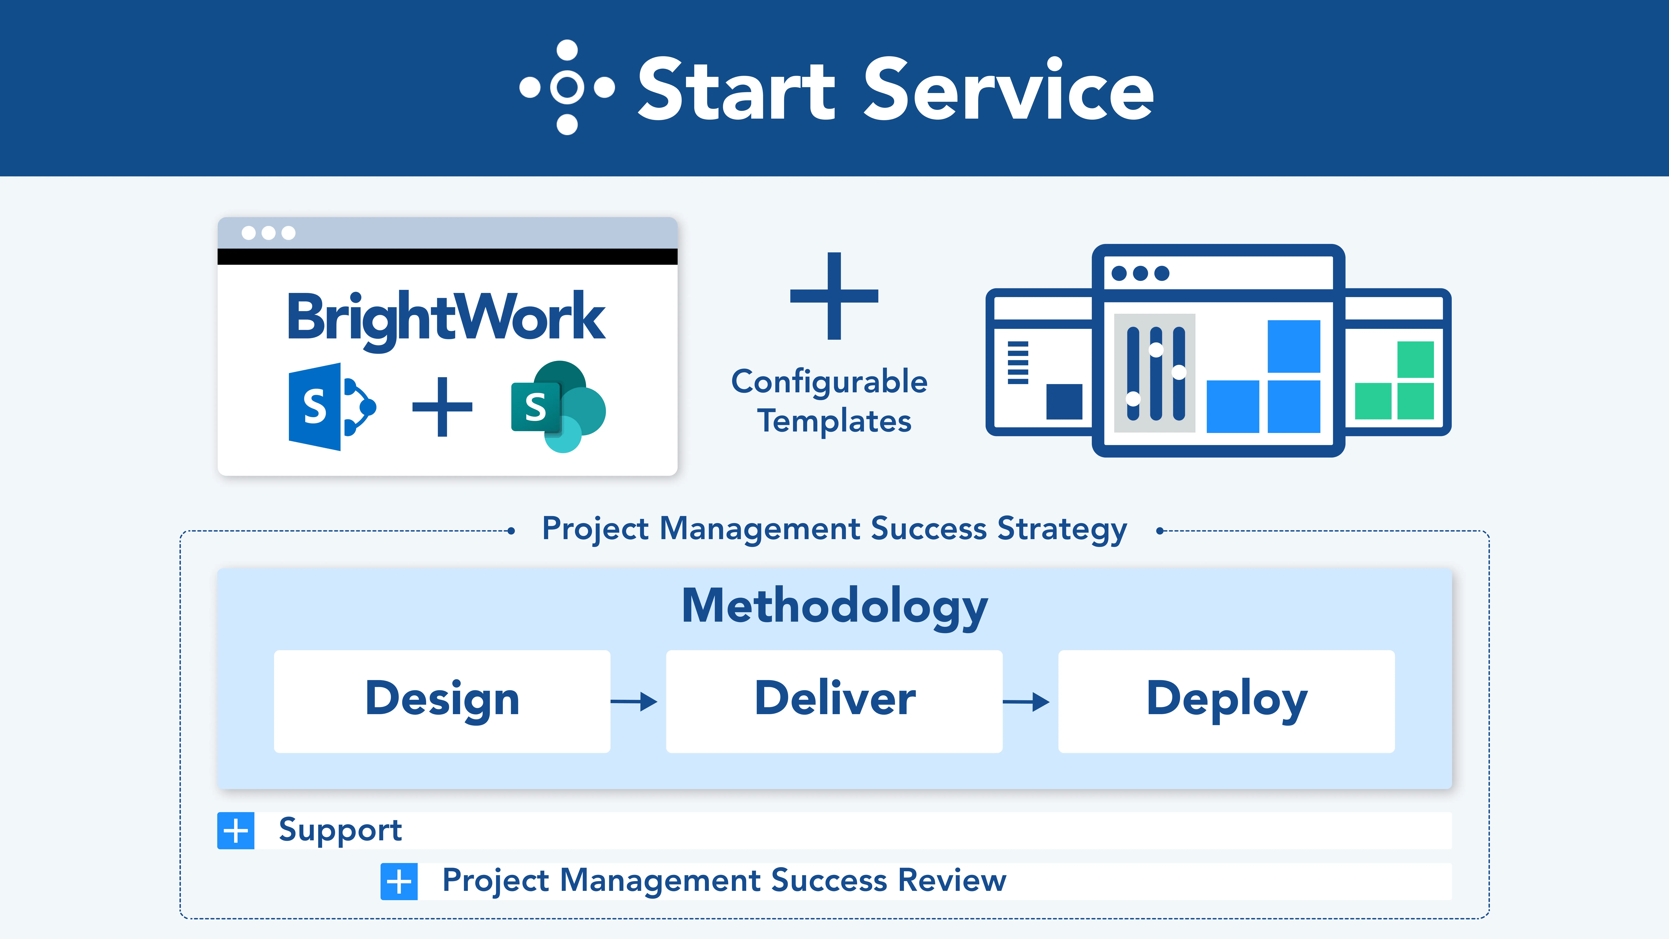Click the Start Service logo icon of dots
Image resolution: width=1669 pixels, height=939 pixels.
tap(567, 88)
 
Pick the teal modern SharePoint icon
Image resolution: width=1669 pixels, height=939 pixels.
tap(558, 407)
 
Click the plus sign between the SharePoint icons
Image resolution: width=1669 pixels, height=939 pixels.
tap(443, 407)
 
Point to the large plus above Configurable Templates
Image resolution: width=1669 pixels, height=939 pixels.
tap(834, 296)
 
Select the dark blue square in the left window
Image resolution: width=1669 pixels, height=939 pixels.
tap(1064, 402)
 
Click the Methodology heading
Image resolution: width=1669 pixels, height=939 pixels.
tap(834, 607)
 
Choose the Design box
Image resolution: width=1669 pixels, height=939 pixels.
tap(442, 701)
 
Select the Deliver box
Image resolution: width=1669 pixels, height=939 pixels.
tap(834, 701)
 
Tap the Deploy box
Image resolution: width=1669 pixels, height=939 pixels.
tap(1226, 701)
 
